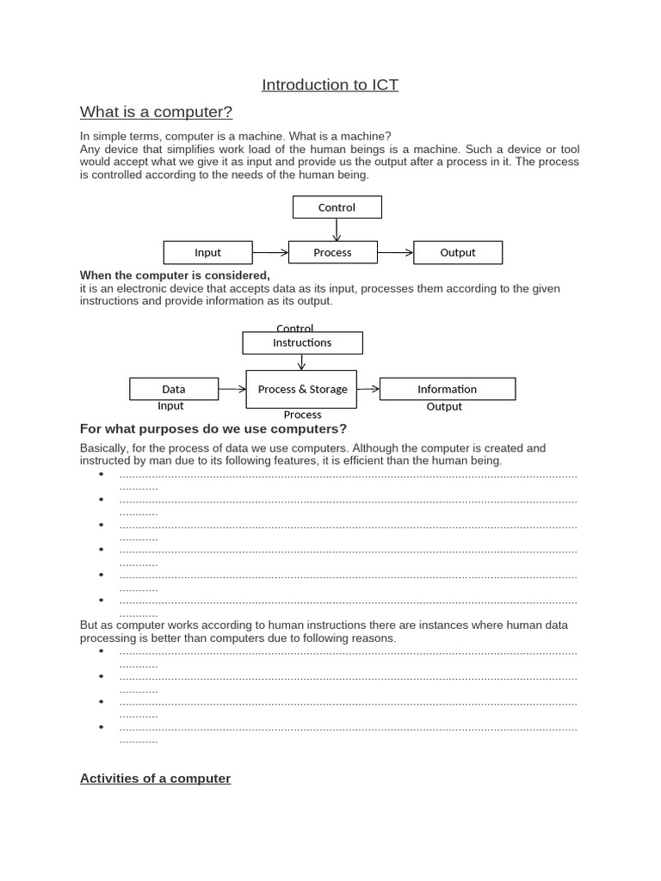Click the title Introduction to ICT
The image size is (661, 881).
click(x=330, y=85)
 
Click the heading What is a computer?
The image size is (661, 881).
click(x=156, y=113)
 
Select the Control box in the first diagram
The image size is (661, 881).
click(x=337, y=207)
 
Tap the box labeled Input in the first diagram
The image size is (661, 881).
click(x=207, y=252)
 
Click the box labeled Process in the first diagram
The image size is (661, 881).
click(x=332, y=252)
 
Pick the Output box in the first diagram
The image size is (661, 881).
click(x=458, y=252)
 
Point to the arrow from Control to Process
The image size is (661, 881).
click(x=337, y=230)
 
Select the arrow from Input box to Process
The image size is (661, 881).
click(x=270, y=252)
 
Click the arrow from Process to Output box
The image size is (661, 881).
click(x=395, y=252)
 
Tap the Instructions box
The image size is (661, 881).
click(x=302, y=342)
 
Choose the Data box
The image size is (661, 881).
click(x=173, y=389)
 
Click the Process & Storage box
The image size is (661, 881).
click(x=301, y=389)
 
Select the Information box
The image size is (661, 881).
click(x=447, y=389)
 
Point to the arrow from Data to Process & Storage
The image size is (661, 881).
click(x=232, y=389)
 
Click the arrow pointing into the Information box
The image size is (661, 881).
click(x=368, y=389)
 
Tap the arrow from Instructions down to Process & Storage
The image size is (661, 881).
click(x=301, y=362)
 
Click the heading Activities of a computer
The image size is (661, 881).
click(x=155, y=779)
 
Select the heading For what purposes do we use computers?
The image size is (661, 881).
click(x=213, y=429)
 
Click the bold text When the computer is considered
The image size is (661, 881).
click(x=175, y=275)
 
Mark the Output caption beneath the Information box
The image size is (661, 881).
click(x=444, y=407)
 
